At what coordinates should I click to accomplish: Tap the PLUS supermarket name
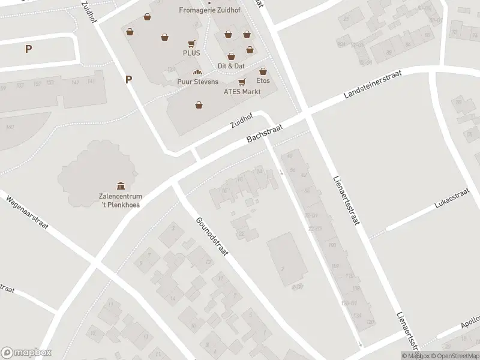(x=191, y=53)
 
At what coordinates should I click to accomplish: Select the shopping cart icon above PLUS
(x=191, y=43)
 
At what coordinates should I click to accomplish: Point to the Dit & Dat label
(x=231, y=65)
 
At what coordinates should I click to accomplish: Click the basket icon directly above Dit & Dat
(x=231, y=56)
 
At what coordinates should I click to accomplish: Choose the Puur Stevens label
(x=197, y=82)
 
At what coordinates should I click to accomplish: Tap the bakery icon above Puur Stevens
(x=197, y=73)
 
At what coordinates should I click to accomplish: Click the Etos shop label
(x=263, y=80)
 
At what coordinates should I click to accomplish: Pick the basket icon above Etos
(x=263, y=71)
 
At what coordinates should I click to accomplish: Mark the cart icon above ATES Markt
(x=242, y=82)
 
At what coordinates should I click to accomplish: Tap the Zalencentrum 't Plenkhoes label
(x=121, y=200)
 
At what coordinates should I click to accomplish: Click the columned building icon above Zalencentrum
(x=121, y=185)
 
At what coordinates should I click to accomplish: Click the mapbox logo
(x=26, y=353)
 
